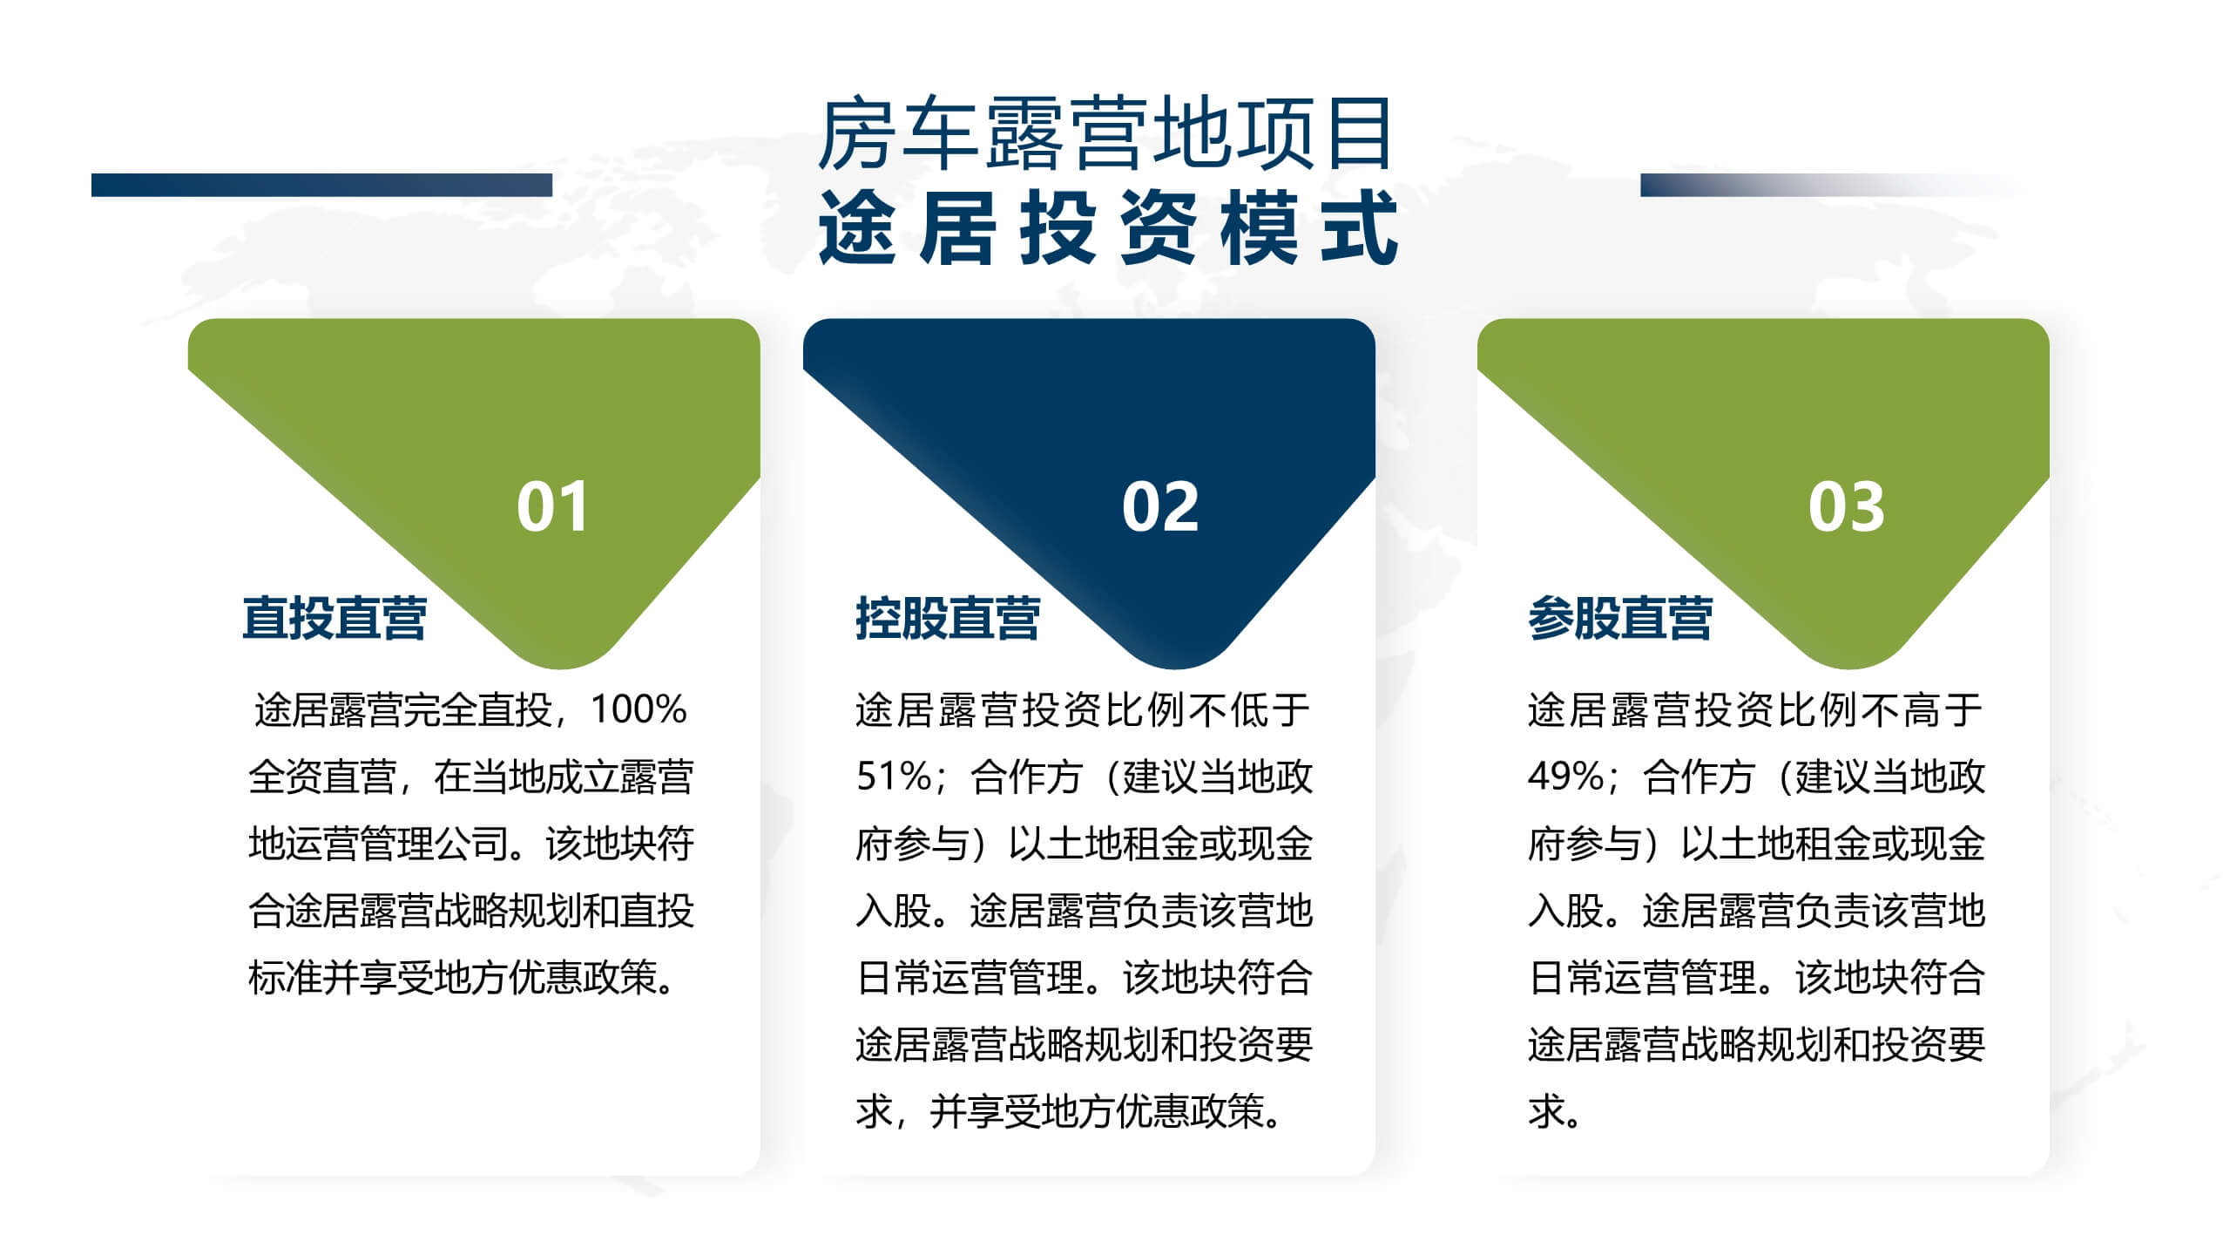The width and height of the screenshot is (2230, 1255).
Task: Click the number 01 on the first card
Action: [x=552, y=506]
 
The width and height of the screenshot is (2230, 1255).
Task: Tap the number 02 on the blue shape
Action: [x=1159, y=506]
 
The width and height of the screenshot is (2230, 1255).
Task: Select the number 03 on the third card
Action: [x=1846, y=506]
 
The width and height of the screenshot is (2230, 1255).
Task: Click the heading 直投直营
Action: [x=334, y=618]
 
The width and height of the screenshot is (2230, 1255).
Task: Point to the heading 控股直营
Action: [x=948, y=618]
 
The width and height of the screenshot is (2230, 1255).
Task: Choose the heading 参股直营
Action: [x=1620, y=618]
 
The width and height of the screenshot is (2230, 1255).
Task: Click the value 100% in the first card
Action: [x=639, y=709]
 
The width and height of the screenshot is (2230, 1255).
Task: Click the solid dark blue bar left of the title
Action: [x=321, y=185]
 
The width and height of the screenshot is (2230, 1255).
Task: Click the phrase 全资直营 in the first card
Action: [x=322, y=777]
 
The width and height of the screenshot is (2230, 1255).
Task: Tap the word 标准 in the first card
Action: [x=285, y=978]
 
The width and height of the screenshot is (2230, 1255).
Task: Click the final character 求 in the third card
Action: [x=1547, y=1111]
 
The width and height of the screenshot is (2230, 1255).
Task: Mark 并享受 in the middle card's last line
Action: [x=985, y=1111]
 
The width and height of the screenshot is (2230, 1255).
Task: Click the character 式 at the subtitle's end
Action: [x=1361, y=227]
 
